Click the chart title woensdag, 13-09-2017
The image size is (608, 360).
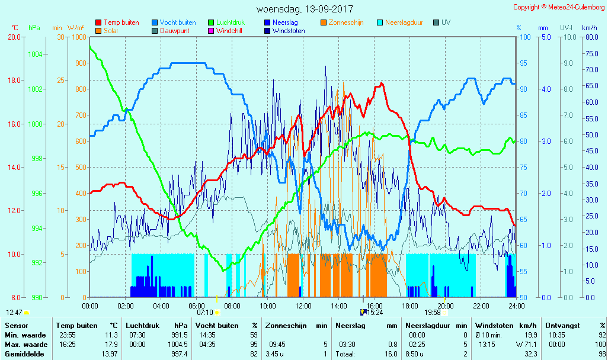click(305, 9)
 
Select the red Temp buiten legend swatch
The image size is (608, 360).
click(98, 22)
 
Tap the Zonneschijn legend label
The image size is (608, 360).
click(345, 22)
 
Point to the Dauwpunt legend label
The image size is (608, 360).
click(175, 31)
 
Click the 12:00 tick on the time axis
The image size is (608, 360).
click(303, 306)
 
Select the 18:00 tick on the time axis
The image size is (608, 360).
click(410, 306)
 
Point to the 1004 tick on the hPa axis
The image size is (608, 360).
click(35, 54)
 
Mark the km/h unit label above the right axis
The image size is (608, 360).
click(590, 28)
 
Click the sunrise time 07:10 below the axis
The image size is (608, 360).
click(204, 312)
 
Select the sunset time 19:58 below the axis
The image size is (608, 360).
click(432, 312)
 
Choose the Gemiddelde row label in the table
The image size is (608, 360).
click(23, 354)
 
